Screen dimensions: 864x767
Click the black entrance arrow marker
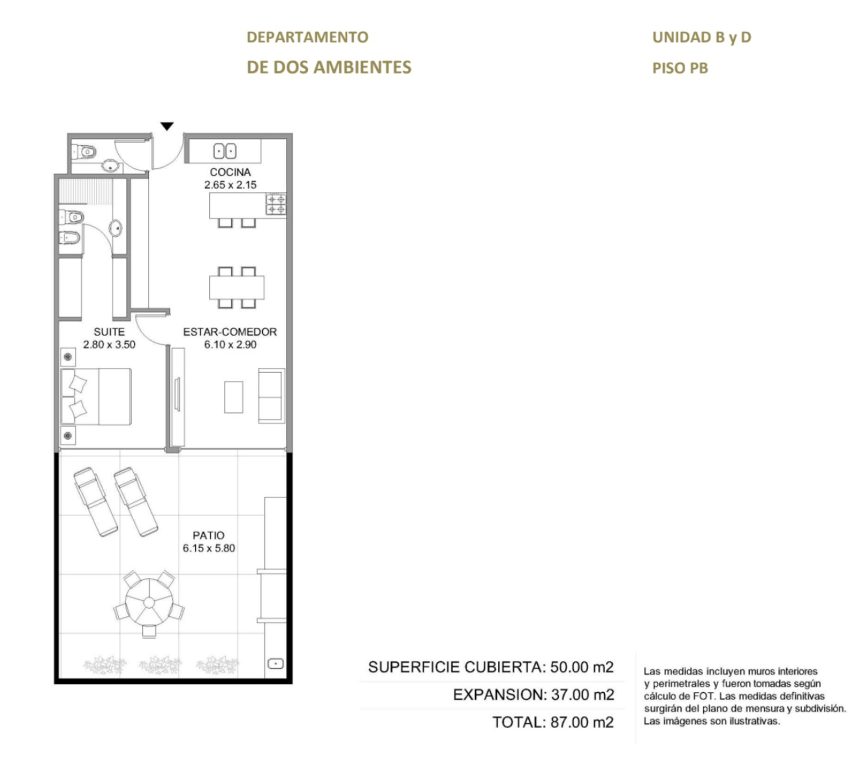[167, 126]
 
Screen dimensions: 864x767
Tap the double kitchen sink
[225, 151]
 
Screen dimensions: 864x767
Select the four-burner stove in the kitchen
[276, 204]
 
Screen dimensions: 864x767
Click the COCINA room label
[230, 172]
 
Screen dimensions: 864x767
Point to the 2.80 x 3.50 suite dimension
[109, 344]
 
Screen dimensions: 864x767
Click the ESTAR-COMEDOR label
[230, 332]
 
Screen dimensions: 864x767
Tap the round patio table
[149, 602]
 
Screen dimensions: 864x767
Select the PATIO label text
[208, 535]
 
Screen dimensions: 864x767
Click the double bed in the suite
[96, 397]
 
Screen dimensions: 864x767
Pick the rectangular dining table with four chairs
[237, 288]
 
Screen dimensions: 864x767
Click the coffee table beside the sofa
[234, 397]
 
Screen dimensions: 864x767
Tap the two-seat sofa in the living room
[271, 396]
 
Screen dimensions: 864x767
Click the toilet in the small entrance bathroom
[84, 152]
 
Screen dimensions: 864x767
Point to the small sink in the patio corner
[275, 663]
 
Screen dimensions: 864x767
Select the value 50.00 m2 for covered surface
[582, 667]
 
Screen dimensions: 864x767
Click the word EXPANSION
[499, 695]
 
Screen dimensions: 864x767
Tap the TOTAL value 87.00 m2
[582, 722]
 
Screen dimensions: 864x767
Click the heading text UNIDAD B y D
[702, 37]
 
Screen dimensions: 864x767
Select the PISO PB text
[680, 68]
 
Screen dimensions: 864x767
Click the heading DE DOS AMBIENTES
[329, 67]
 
